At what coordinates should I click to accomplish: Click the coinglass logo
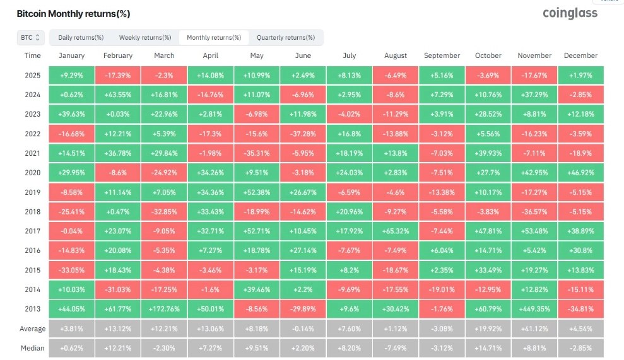570,13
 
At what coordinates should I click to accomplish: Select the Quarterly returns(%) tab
286,37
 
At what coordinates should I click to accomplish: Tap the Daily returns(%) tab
81,37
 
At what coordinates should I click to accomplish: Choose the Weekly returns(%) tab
145,37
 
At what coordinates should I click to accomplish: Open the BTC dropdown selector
30,37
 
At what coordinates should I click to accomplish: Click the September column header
442,55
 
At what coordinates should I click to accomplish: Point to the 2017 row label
33,231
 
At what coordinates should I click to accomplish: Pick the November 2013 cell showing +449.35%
534,309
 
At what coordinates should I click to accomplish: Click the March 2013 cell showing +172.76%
164,309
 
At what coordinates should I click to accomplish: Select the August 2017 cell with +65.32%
396,231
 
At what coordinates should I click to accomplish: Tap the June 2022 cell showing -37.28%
303,134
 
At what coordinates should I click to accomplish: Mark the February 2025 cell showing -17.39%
118,75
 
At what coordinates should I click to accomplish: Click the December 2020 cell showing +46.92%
580,173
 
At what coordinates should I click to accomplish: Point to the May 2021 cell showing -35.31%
257,153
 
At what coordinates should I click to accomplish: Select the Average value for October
488,329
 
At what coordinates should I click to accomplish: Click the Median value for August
396,348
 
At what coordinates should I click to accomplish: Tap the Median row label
33,348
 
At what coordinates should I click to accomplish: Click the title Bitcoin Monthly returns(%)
73,14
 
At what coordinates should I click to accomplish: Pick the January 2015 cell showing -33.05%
72,270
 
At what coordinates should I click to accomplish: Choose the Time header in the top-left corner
33,55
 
